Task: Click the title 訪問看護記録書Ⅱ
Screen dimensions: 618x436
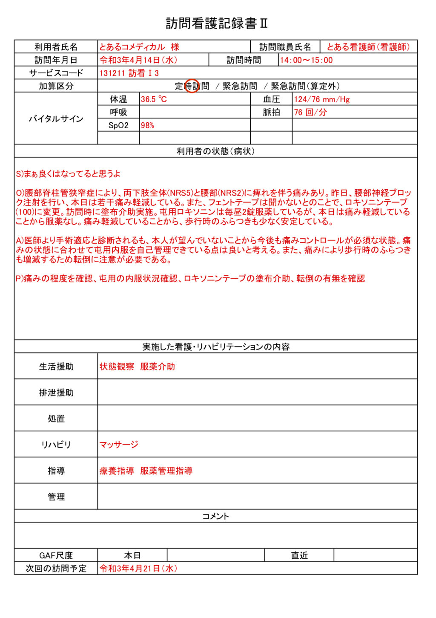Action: (217, 23)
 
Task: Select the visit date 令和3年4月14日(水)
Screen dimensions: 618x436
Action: (138, 60)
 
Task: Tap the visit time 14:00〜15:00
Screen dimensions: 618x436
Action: (306, 60)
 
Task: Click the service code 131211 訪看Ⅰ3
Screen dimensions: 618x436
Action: (129, 73)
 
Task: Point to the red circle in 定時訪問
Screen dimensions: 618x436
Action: (192, 86)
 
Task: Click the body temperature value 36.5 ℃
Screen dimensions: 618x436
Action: (154, 99)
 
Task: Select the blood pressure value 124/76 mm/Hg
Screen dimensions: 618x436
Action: (321, 99)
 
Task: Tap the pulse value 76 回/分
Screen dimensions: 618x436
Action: (310, 113)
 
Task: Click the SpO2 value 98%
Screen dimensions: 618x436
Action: (147, 125)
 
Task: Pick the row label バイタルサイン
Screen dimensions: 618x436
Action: (56, 119)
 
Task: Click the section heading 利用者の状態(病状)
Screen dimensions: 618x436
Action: (215, 151)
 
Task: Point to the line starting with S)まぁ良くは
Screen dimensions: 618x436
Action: (68, 174)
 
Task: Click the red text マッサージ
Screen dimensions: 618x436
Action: (119, 445)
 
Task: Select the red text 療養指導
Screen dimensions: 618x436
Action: (117, 471)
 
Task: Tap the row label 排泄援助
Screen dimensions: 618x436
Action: (56, 393)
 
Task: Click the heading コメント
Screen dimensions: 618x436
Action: (215, 516)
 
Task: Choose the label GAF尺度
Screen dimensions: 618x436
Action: (56, 555)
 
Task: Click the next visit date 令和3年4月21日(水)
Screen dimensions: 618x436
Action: (138, 569)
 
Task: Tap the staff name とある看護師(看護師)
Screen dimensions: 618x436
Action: (368, 47)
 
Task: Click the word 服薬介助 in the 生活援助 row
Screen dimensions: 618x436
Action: (158, 367)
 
